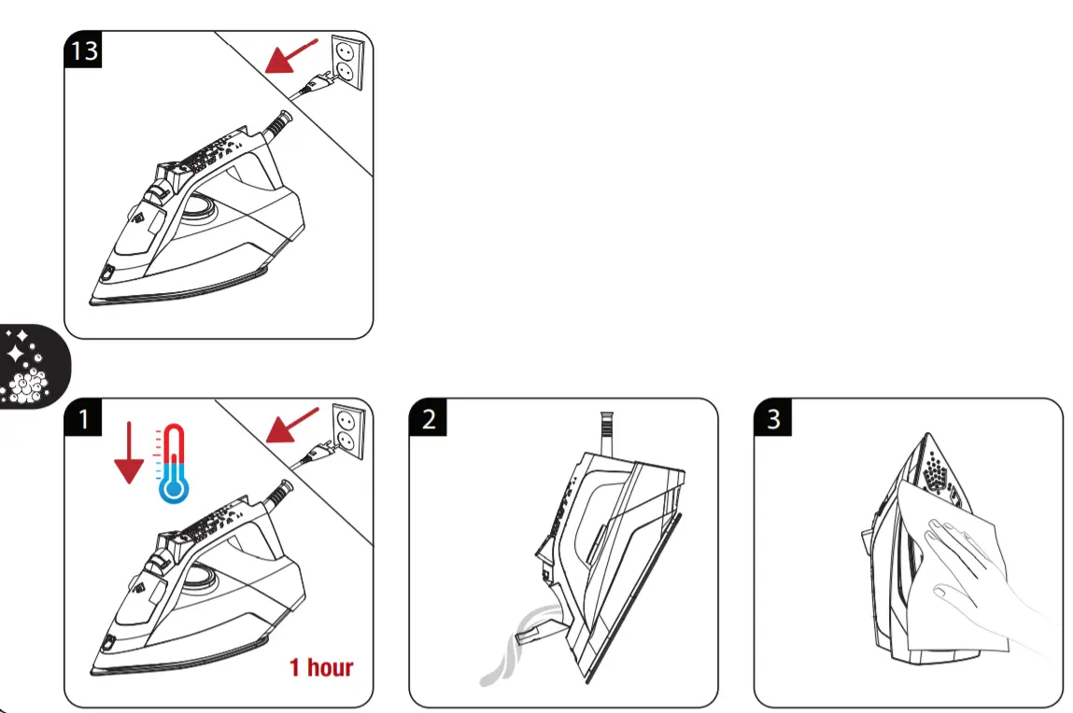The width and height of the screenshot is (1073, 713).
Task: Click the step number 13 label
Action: [x=84, y=49]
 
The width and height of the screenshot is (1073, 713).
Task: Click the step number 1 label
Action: [x=84, y=419]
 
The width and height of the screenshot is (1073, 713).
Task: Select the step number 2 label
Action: [x=429, y=419]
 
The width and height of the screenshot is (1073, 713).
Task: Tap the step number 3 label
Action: [x=773, y=419]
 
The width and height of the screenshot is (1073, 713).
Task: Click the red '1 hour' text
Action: [x=320, y=667]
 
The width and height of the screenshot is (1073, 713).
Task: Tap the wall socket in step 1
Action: [x=343, y=430]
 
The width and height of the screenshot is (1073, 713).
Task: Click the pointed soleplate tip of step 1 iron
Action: [x=98, y=666]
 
